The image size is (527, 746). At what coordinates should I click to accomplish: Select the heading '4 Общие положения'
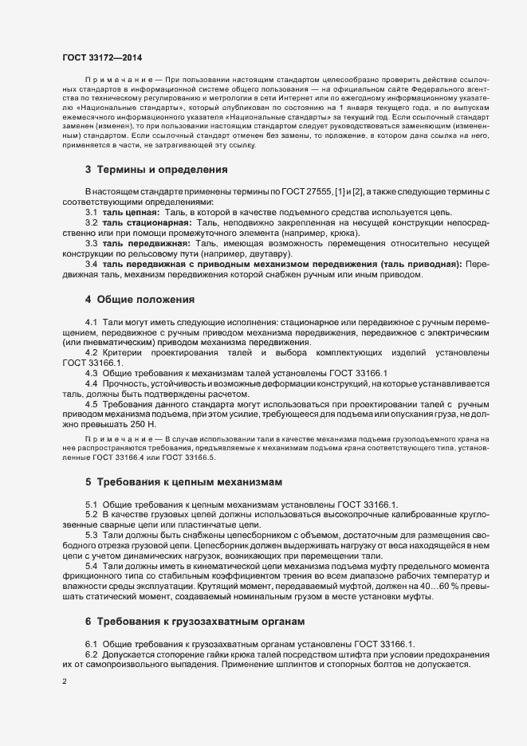[140, 300]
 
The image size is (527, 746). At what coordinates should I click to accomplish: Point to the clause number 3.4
[92, 264]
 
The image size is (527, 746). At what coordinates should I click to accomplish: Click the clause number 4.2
[92, 351]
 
